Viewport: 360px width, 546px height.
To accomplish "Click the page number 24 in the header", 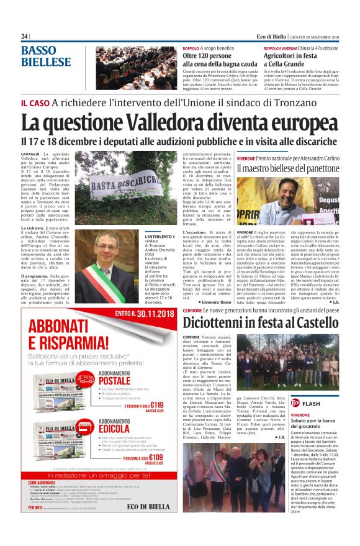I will tap(25, 37).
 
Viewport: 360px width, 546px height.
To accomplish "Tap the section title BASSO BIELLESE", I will tap(47, 56).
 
